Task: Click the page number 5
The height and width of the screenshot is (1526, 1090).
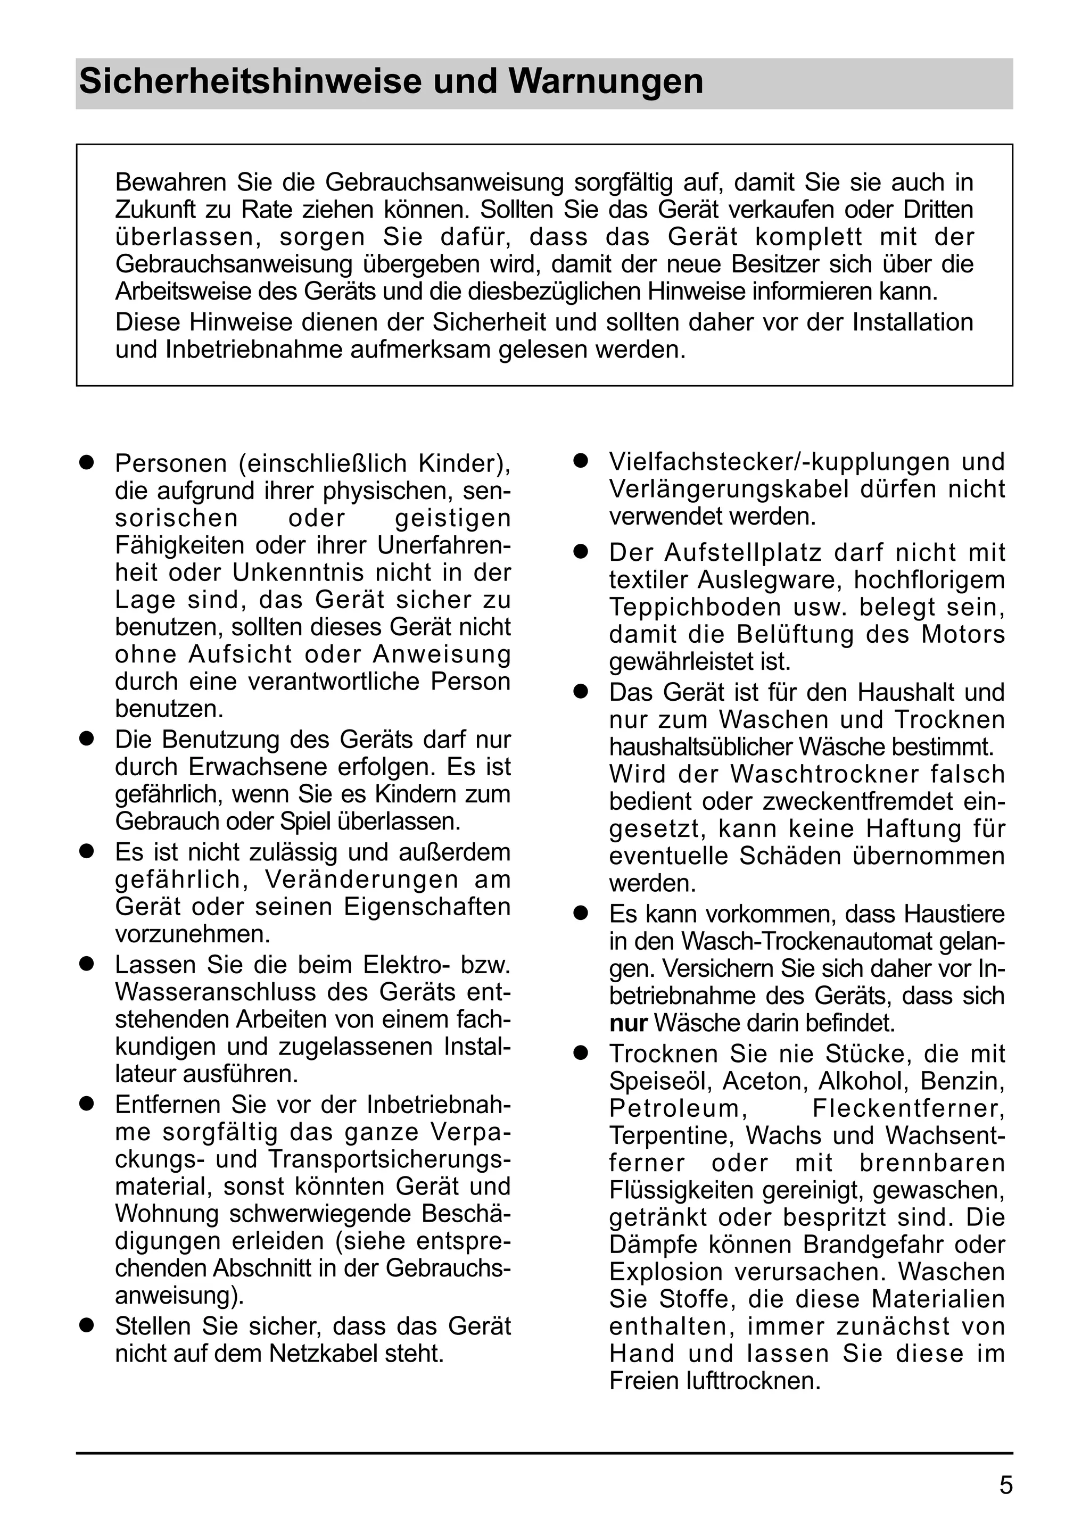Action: click(1005, 1485)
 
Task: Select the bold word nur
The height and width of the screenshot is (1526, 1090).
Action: click(627, 1023)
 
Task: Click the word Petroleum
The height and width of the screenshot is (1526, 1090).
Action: click(678, 1108)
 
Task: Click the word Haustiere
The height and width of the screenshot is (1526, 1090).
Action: click(954, 914)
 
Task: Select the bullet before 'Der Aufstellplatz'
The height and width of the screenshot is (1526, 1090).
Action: click(581, 552)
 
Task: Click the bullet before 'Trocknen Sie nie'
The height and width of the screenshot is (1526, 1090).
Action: click(581, 1054)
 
